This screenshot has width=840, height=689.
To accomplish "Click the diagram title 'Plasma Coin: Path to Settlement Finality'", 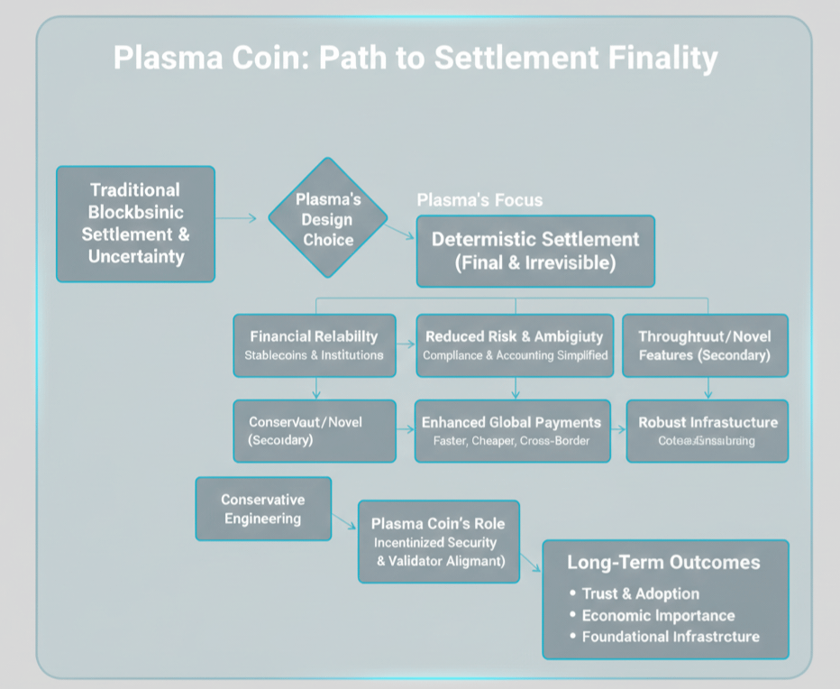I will tap(415, 59).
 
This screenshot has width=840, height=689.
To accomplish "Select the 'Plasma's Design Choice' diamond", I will tap(328, 217).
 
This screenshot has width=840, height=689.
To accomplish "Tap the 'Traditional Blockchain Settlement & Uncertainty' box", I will tap(135, 224).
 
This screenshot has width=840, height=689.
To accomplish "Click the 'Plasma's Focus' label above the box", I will tap(479, 199).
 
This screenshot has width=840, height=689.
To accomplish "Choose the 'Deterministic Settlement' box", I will tap(534, 251).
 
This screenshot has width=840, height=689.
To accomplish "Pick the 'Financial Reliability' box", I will tap(314, 344).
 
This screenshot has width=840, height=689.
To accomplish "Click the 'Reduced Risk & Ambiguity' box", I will tap(515, 344).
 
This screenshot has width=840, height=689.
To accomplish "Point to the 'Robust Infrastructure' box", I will tap(707, 430).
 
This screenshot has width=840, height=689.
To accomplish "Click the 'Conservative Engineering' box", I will tap(263, 509).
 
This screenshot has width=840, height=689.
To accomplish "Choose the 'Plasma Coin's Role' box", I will tap(438, 541).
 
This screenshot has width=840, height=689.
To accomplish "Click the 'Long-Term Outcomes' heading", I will tap(663, 563).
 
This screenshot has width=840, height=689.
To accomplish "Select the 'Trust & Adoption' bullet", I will tap(640, 593).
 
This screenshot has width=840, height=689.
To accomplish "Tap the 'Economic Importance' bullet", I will tap(658, 615).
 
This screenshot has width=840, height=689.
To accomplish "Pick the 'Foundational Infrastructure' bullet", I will tap(670, 637).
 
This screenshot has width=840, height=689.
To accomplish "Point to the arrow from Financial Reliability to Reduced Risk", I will tap(405, 344).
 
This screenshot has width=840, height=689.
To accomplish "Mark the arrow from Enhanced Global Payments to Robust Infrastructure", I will tap(619, 430).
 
